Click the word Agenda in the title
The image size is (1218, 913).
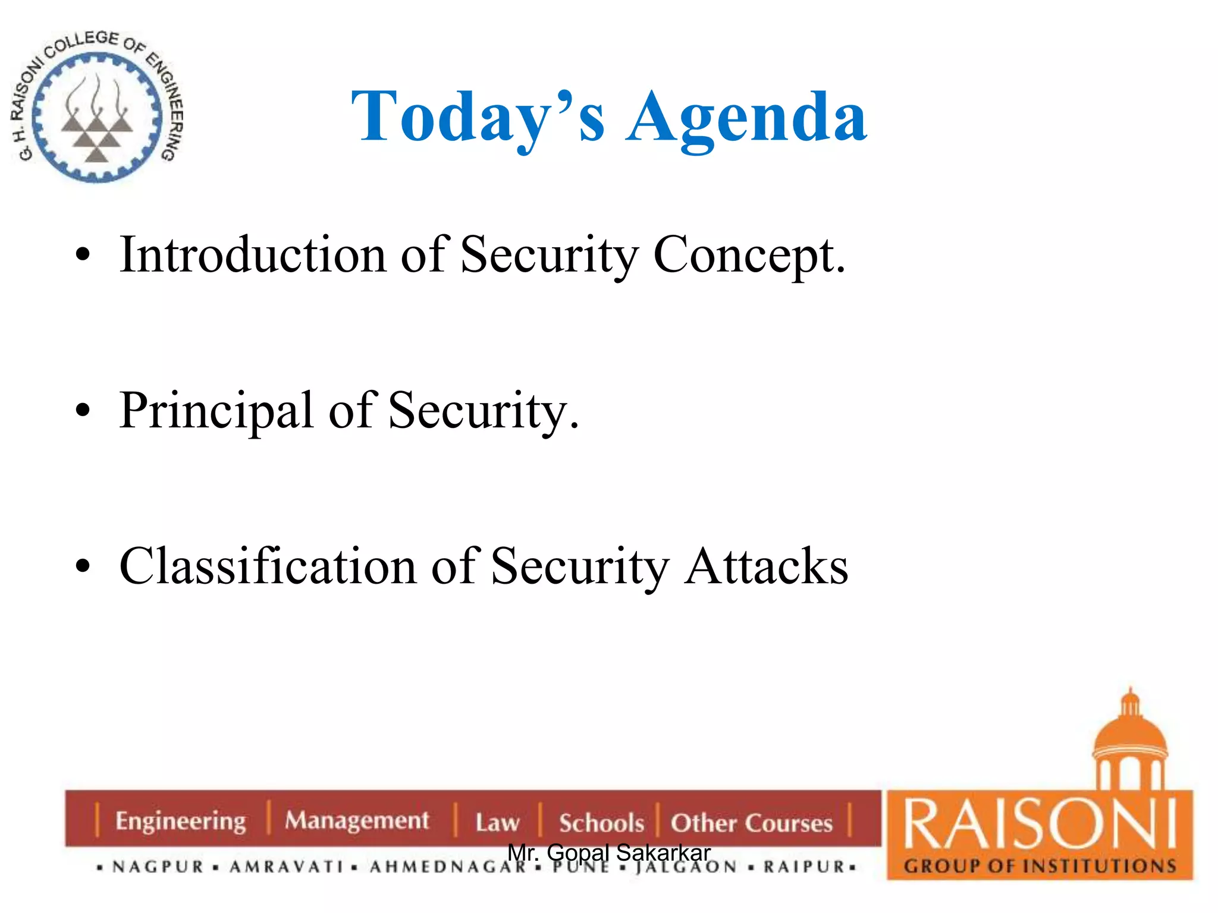point(746,118)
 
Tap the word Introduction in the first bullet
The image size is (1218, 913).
point(253,256)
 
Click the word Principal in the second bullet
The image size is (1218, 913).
point(216,411)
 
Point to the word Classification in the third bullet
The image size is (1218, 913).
point(268,566)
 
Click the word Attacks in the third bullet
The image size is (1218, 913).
point(766,566)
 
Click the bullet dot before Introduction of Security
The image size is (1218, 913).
point(83,255)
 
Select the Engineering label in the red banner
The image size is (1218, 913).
point(180,821)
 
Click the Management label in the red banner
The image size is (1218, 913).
point(356,821)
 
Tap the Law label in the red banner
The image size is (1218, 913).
point(497,823)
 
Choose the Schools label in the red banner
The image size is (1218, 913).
point(601,823)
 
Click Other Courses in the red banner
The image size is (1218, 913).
point(752,823)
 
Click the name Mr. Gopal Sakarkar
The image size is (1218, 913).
point(609,852)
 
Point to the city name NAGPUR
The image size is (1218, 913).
point(158,867)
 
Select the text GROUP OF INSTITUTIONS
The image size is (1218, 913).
point(1040,866)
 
